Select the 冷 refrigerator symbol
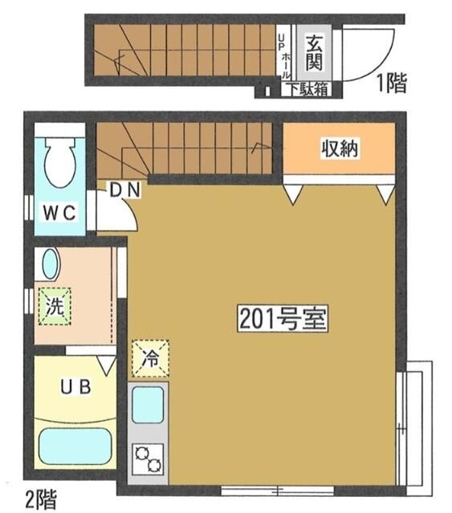click(150, 358)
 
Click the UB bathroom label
click(77, 386)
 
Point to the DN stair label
click(125, 190)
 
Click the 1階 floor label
click(392, 83)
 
